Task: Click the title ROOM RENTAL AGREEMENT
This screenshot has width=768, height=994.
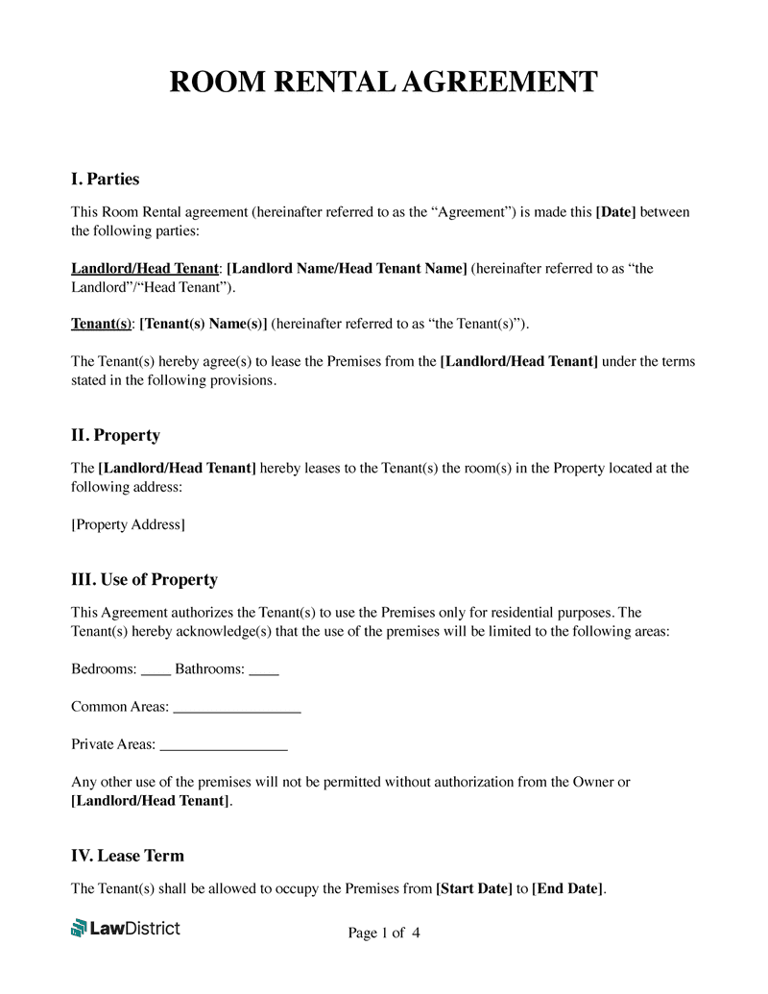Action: point(383,82)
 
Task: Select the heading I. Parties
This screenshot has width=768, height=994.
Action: point(105,179)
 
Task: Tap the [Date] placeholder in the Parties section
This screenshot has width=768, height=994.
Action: point(615,211)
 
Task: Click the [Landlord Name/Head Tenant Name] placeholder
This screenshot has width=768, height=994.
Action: point(347,268)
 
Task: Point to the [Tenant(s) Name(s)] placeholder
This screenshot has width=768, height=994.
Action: point(204,324)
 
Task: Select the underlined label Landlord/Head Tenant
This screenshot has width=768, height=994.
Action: point(145,268)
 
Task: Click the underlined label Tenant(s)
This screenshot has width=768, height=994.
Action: point(101,324)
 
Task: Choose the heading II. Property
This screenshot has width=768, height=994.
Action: point(115,435)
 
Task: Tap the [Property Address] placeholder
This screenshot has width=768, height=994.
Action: point(128,524)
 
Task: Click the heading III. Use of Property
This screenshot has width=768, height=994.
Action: point(144,579)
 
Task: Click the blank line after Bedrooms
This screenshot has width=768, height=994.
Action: point(156,671)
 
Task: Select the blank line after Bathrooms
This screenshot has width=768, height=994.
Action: point(264,671)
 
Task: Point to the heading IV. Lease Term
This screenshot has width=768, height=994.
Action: point(128,855)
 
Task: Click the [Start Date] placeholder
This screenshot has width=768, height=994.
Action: point(473,888)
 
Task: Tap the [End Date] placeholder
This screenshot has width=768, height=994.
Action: point(567,888)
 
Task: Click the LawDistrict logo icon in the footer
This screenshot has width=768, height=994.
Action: point(79,928)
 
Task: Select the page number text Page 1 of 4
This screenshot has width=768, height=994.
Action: point(383,933)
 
